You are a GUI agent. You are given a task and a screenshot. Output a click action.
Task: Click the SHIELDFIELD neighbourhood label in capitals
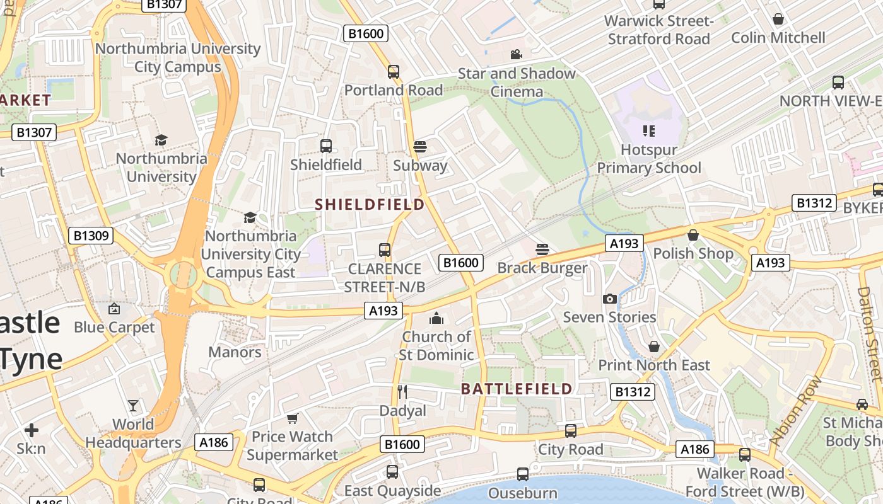370,205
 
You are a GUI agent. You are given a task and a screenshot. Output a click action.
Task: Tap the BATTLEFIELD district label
517,389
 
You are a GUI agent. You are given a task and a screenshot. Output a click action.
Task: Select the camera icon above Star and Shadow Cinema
517,55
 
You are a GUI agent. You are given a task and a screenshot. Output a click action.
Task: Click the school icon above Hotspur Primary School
649,131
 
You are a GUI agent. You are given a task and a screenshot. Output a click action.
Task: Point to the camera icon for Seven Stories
610,299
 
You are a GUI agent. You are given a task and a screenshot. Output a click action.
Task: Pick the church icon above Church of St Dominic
436,318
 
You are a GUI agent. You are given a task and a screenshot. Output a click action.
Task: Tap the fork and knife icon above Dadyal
402,392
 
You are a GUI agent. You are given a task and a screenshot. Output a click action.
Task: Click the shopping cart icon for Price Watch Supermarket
292,418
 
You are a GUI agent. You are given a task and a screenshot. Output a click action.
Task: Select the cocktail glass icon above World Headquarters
133,405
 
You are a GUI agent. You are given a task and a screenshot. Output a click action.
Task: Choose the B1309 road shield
91,236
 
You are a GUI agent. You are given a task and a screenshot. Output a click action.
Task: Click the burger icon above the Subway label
420,147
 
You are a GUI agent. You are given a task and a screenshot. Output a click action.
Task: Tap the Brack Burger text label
542,268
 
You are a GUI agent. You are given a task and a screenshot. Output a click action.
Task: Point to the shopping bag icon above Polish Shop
693,235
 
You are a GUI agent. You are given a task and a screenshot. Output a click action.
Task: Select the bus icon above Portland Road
394,71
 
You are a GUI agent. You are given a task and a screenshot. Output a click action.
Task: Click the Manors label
235,352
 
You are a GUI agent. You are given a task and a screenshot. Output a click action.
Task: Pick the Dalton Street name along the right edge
870,334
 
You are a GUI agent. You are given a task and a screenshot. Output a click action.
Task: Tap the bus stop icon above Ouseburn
523,474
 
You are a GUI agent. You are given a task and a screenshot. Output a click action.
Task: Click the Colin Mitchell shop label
778,38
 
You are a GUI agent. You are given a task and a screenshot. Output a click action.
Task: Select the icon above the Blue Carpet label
114,309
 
